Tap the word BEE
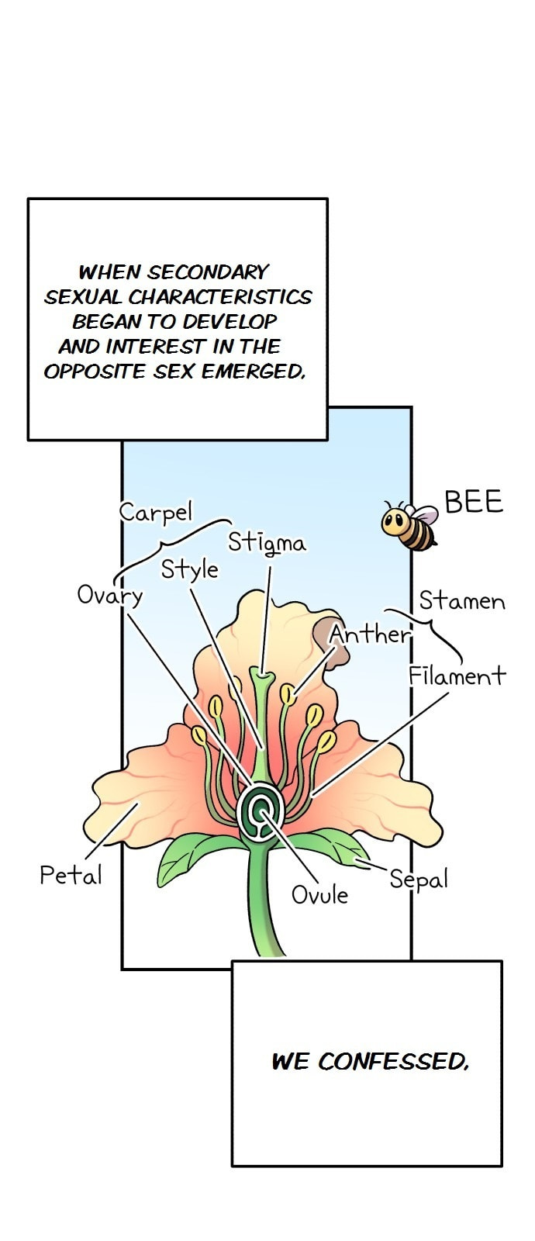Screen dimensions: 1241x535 pyautogui.click(x=474, y=502)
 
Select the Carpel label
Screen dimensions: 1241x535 pyautogui.click(x=155, y=513)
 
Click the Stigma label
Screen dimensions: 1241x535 pyautogui.click(x=267, y=542)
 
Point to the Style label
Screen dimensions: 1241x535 pyautogui.click(x=189, y=570)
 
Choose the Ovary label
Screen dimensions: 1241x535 pyautogui.click(x=110, y=596)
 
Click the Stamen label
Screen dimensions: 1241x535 pyautogui.click(x=462, y=601)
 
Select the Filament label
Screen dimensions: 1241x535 pyautogui.click(x=457, y=676)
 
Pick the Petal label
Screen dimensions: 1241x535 pyautogui.click(x=71, y=876)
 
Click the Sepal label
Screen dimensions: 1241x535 pyautogui.click(x=419, y=880)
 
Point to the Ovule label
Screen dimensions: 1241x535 pyautogui.click(x=319, y=895)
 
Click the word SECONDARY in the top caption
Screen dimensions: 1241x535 pyautogui.click(x=207, y=272)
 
